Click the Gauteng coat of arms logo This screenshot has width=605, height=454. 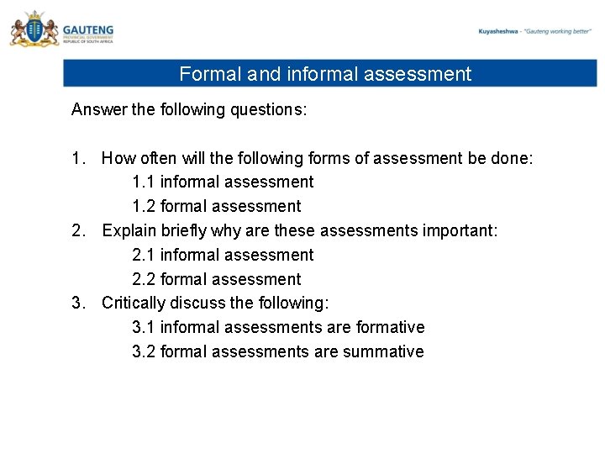(x=34, y=30)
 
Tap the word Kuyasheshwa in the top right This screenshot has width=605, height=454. (x=497, y=31)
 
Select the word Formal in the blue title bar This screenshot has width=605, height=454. (x=210, y=74)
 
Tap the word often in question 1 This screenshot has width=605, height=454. (x=160, y=157)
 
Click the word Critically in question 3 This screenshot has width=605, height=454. (x=133, y=303)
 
